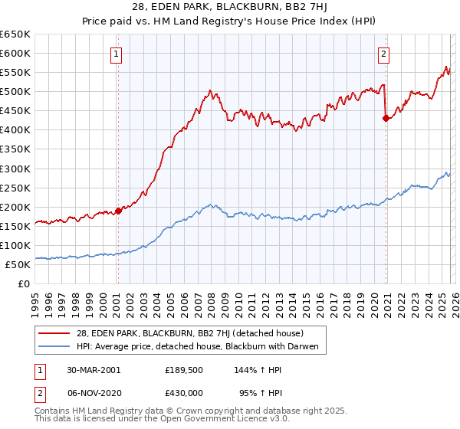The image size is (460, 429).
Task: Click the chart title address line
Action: coord(229,8)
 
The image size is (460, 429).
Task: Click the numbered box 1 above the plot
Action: coord(115,54)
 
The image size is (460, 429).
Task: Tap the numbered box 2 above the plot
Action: coord(383,54)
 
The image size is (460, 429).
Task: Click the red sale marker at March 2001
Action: coord(118,211)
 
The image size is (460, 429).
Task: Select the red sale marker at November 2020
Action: coord(386,118)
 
